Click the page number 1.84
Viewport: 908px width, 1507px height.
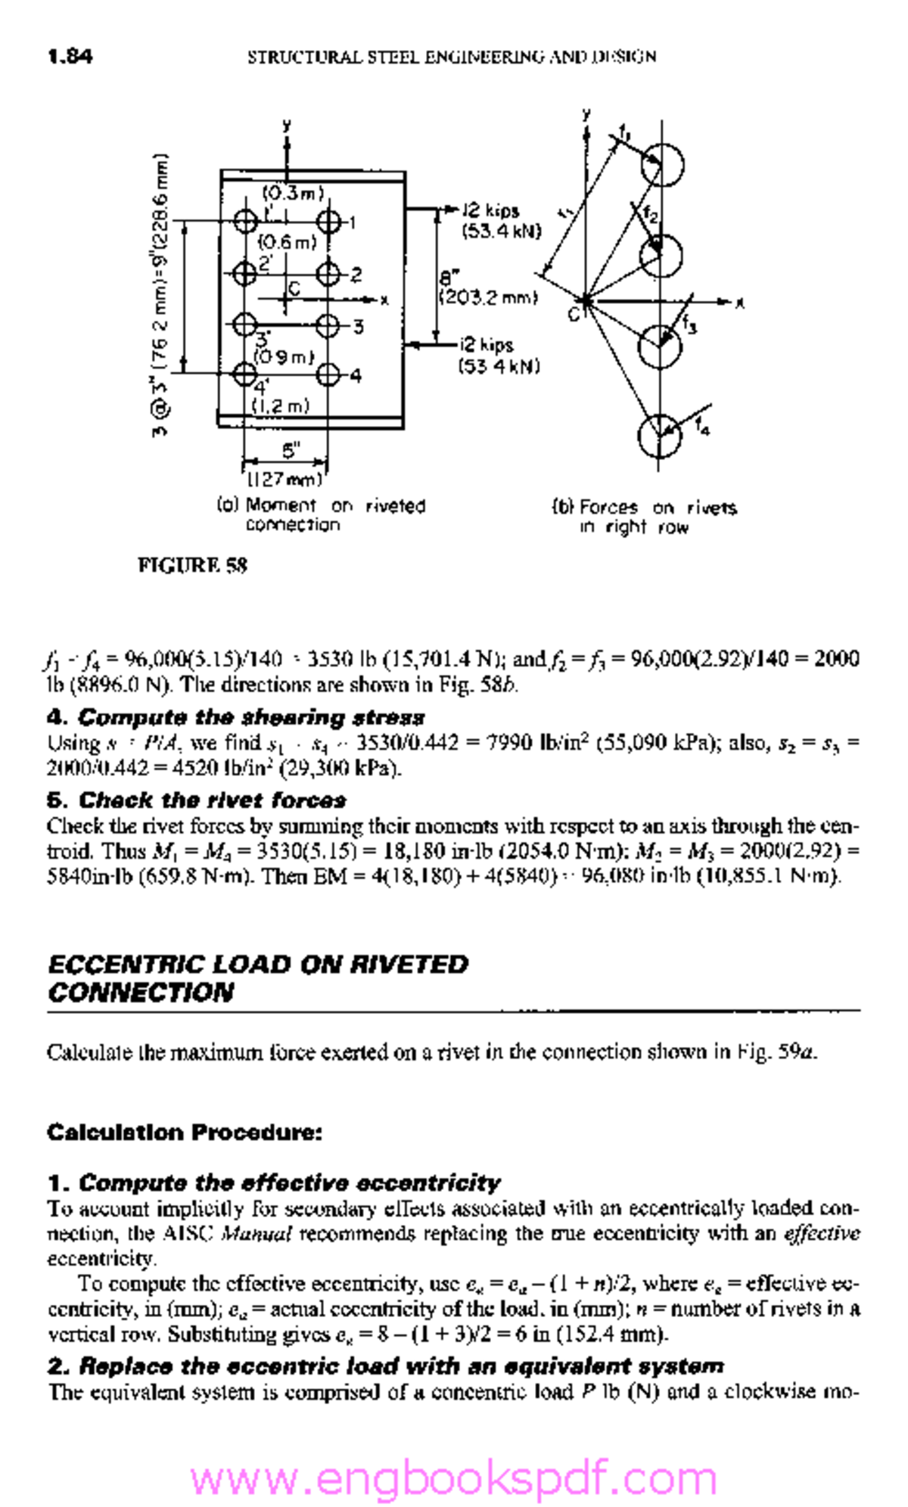click(x=70, y=56)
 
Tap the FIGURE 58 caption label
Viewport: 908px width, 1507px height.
click(x=192, y=566)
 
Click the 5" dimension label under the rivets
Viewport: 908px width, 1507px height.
click(x=291, y=451)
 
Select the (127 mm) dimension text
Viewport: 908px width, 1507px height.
click(x=285, y=479)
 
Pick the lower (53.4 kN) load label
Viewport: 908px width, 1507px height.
click(x=499, y=366)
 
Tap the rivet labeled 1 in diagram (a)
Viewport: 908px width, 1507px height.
click(x=328, y=222)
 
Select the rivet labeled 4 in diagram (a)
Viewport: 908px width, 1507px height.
click(x=328, y=374)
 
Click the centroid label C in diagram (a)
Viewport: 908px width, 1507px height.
click(x=294, y=288)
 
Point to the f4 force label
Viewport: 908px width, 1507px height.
click(x=702, y=426)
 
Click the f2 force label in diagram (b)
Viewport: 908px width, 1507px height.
click(x=650, y=214)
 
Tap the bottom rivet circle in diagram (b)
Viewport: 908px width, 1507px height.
click(x=659, y=436)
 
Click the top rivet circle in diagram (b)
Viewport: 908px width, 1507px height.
click(x=662, y=164)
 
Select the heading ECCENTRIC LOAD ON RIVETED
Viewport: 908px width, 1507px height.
click(x=258, y=965)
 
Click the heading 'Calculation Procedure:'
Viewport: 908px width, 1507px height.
click(x=185, y=1133)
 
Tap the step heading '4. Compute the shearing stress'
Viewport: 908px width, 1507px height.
click(x=235, y=717)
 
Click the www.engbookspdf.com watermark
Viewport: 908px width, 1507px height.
click(x=452, y=1478)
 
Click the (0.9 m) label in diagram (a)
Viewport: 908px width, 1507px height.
click(x=284, y=356)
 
